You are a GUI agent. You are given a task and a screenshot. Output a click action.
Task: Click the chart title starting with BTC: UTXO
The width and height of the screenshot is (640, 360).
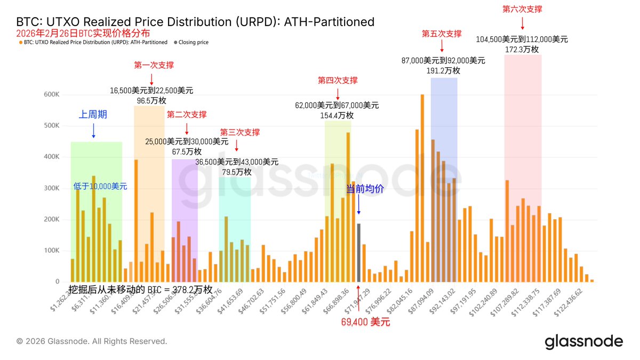coord(195,22)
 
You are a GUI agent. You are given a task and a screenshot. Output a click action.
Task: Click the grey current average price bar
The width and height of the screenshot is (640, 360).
coord(358,253)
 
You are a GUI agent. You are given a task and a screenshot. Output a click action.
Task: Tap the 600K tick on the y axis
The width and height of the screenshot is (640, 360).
coord(51,94)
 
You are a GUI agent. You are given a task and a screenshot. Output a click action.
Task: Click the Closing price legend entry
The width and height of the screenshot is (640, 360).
coord(193,42)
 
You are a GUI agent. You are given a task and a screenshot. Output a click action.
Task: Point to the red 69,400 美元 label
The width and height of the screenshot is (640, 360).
coord(365,322)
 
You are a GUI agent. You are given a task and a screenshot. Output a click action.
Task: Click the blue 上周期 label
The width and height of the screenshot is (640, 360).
coord(93,114)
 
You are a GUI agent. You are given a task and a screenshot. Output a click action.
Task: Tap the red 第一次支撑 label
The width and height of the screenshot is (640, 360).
coord(154,65)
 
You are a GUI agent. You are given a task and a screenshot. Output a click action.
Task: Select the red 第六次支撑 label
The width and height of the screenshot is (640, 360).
coord(522,9)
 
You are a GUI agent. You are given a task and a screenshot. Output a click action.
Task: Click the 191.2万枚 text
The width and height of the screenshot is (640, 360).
coord(443,70)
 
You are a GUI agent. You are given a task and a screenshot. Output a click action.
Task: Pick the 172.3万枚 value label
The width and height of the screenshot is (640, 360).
coord(522,49)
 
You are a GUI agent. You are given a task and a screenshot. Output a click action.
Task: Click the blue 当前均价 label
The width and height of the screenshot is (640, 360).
coord(365,189)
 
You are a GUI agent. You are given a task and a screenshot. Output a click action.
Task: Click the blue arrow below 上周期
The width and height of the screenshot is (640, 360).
coord(93,130)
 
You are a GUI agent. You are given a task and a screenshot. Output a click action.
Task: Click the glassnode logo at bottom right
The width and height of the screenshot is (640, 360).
coord(583,342)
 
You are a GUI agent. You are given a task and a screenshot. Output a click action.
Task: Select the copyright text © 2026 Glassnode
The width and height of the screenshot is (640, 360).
coord(92,341)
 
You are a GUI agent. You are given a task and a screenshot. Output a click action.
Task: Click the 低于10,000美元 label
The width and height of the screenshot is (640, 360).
coord(100,186)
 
